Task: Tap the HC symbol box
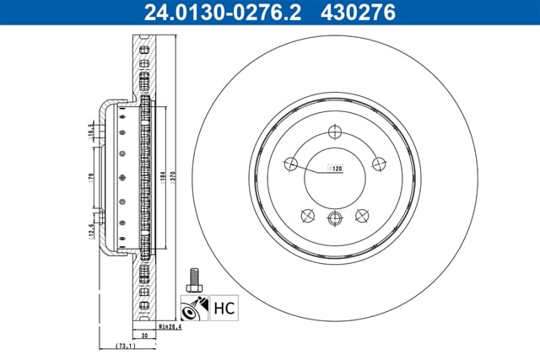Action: coord(224,309)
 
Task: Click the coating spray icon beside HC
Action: coord(193,308)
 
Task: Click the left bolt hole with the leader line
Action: coord(294,164)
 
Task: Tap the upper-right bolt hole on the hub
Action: coord(377,164)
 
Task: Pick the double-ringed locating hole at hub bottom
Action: coord(336,220)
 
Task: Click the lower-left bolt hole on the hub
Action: coord(308,216)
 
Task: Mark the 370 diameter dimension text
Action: coord(172,177)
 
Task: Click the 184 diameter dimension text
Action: coord(159,177)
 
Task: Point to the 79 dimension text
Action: coord(90,177)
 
